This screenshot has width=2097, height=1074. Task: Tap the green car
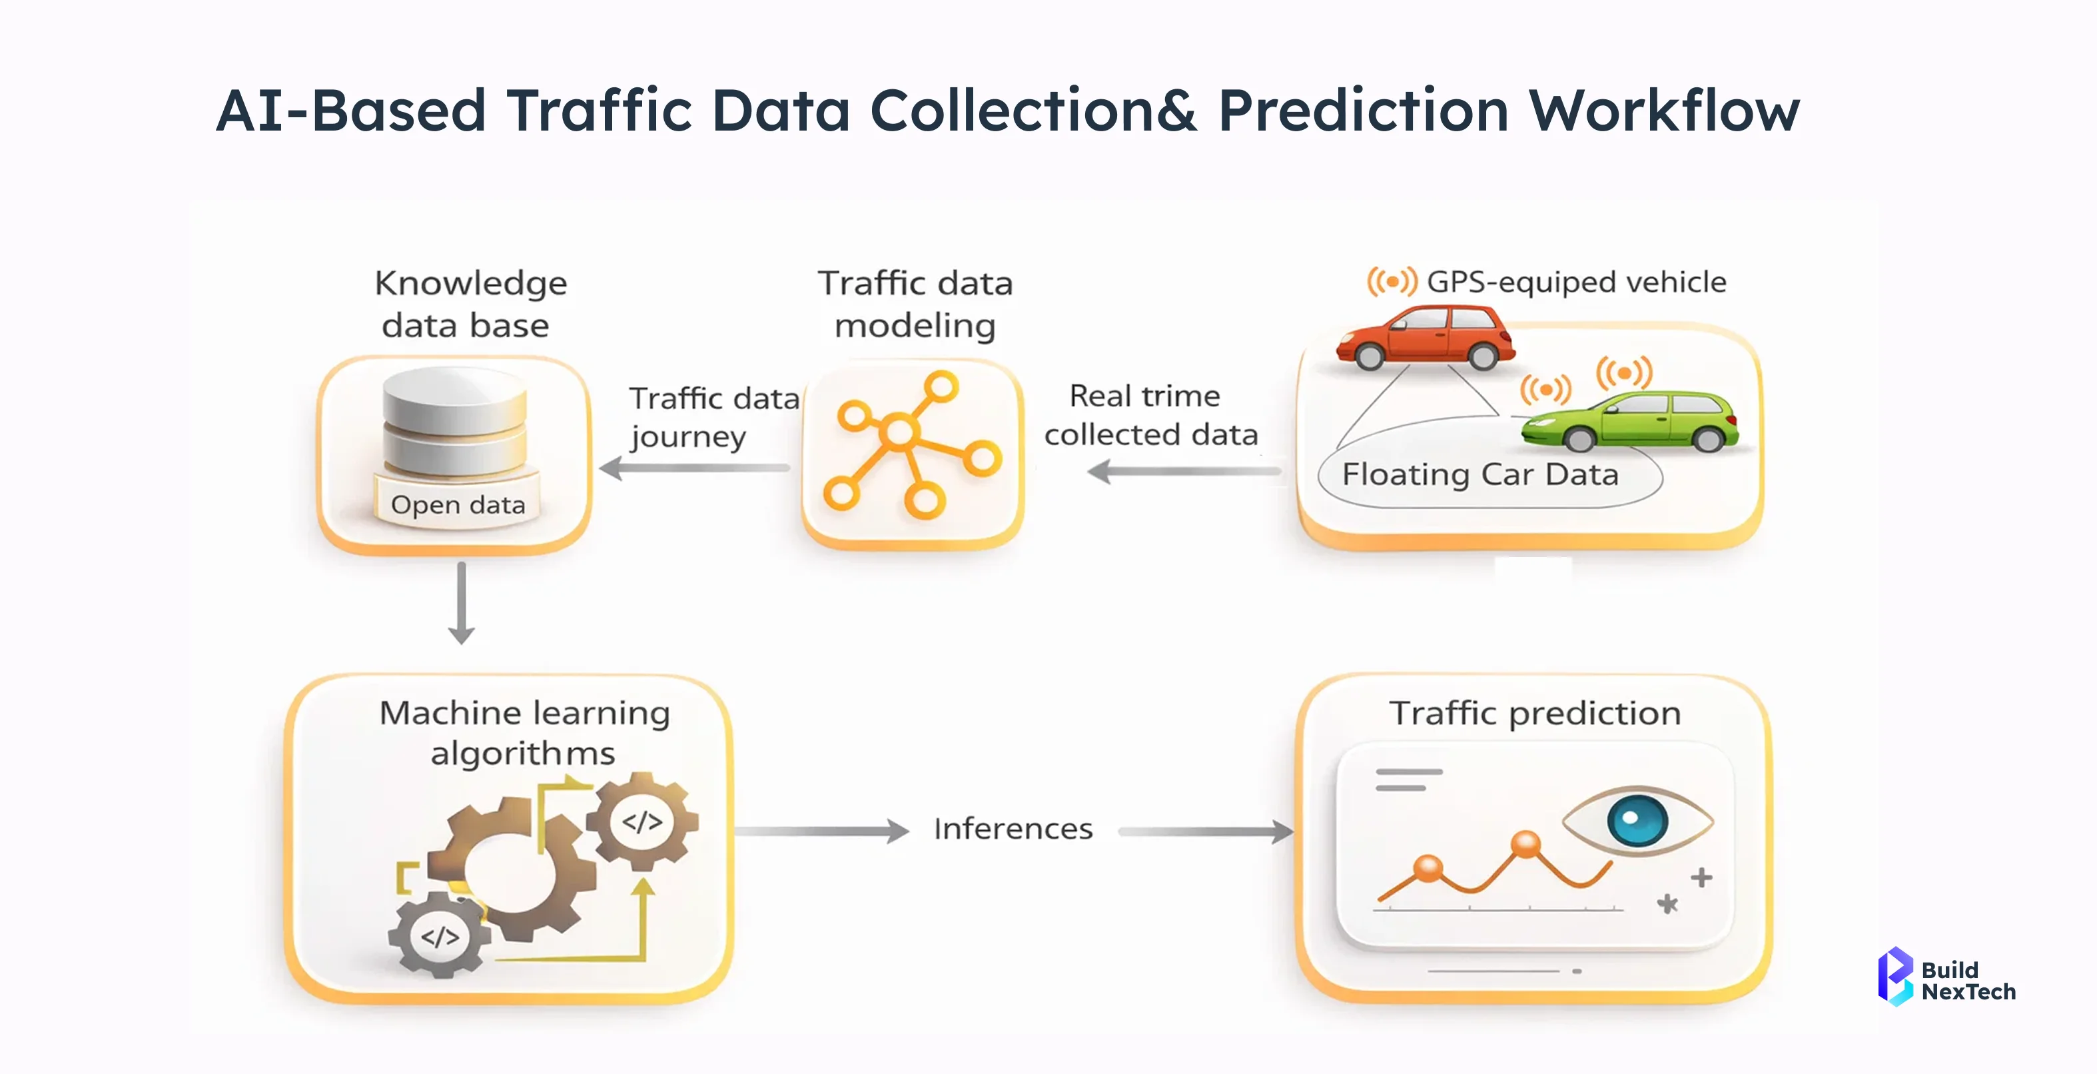pyautogui.click(x=1631, y=421)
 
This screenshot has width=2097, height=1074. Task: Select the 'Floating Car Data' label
pyautogui.click(x=1480, y=475)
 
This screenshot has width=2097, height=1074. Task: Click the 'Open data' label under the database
pyautogui.click(x=458, y=505)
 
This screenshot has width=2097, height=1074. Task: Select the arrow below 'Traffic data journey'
pyautogui.click(x=694, y=468)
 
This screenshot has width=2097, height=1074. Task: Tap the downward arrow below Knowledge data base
pyautogui.click(x=462, y=602)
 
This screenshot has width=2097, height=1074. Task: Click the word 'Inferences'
pyautogui.click(x=1013, y=829)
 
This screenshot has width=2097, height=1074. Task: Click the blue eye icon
pyautogui.click(x=1638, y=820)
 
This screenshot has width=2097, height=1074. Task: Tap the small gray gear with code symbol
pyautogui.click(x=440, y=935)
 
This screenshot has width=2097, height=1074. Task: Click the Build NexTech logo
pyautogui.click(x=1946, y=977)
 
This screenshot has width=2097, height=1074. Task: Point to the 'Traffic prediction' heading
pyautogui.click(x=1535, y=714)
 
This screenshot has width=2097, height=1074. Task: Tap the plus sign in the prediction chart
pyautogui.click(x=1701, y=877)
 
